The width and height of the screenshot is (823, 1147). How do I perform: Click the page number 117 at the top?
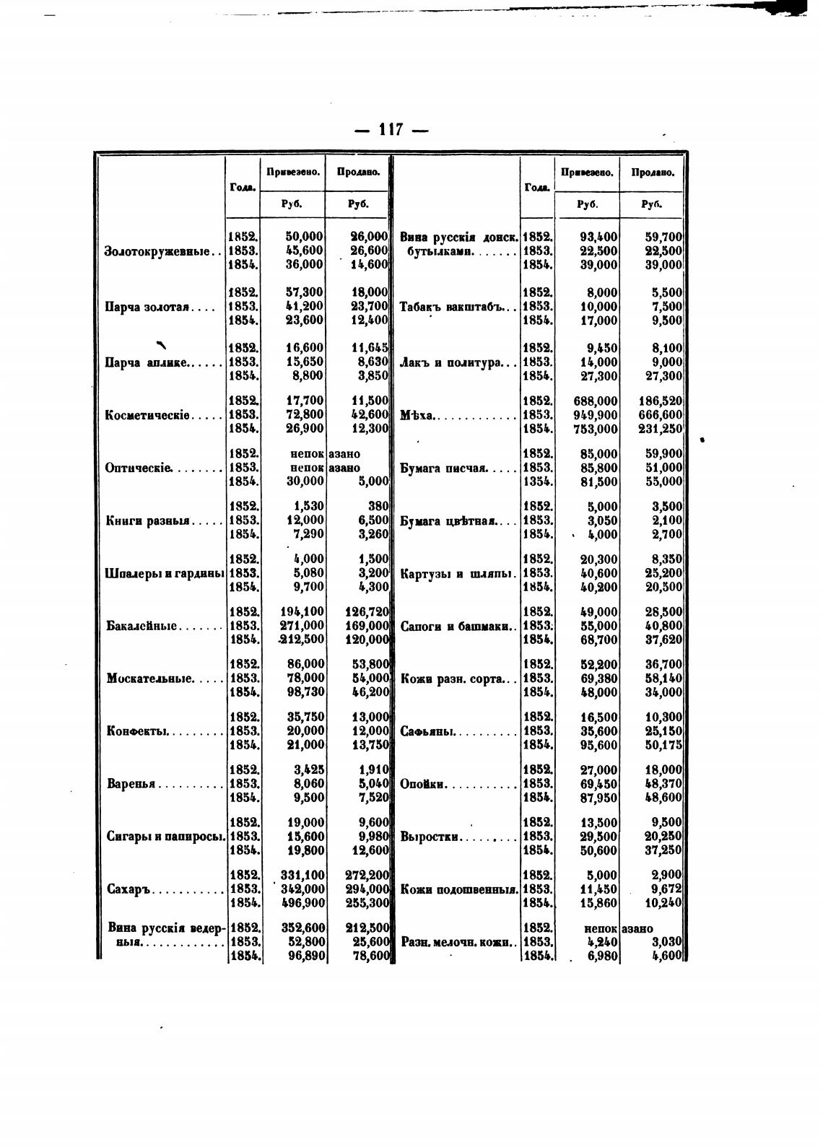coord(390,131)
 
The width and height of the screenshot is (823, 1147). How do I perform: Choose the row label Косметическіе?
coord(148,416)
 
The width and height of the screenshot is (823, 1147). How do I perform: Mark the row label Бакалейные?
coord(142,626)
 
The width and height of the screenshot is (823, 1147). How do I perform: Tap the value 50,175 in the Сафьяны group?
coord(663,745)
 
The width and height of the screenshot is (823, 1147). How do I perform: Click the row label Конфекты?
coord(137,731)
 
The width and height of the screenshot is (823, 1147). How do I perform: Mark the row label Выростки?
coord(430,837)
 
